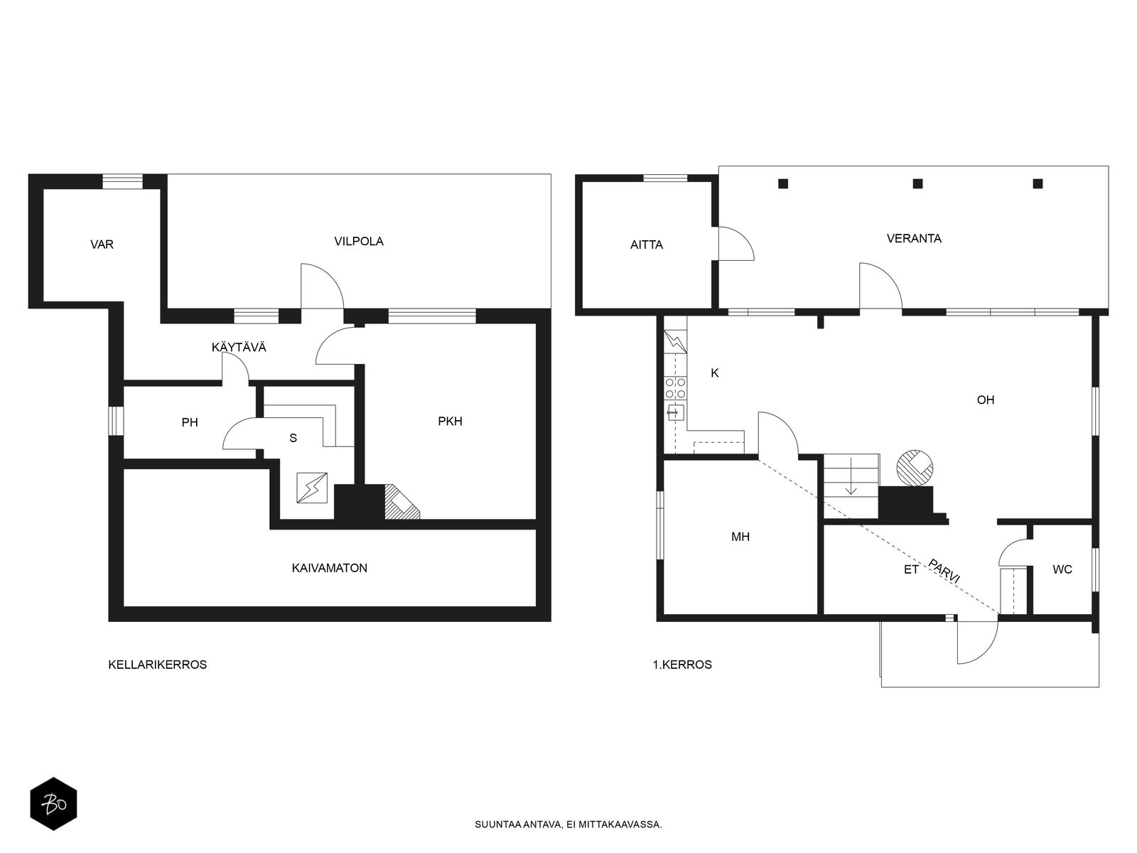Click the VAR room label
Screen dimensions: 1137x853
click(x=102, y=245)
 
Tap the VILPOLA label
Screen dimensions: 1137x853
click(x=358, y=242)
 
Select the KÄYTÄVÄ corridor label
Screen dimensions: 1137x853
click(x=239, y=347)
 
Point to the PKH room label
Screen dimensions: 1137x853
click(x=450, y=422)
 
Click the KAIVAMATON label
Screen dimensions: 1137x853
click(x=330, y=568)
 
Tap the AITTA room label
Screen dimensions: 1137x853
click(x=647, y=245)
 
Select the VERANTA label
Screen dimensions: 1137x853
click(x=914, y=239)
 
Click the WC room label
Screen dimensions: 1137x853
click(x=1062, y=569)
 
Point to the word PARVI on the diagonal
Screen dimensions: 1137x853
click(x=944, y=572)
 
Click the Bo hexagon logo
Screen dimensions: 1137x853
click(x=53, y=804)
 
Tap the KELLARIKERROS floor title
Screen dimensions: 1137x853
click(x=158, y=665)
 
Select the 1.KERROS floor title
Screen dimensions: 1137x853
click(x=682, y=665)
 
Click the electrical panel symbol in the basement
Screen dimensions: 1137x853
click(x=312, y=488)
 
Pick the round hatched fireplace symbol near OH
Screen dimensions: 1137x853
click(x=915, y=468)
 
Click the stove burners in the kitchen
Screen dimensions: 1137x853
click(x=676, y=388)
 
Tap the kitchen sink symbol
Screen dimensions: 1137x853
click(x=676, y=413)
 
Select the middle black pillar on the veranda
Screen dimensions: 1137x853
click(x=917, y=183)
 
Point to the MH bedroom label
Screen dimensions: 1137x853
click(x=740, y=537)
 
